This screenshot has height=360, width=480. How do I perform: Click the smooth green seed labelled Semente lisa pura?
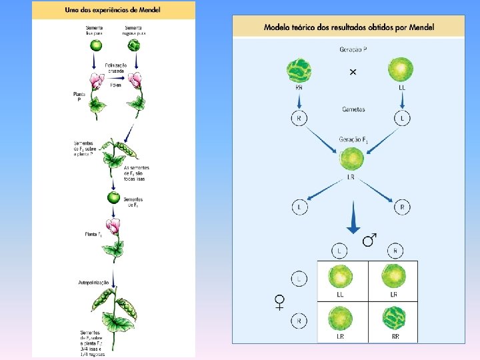pyautogui.click(x=96, y=46)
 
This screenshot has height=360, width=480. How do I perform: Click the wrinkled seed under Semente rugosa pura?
pyautogui.click(x=134, y=46)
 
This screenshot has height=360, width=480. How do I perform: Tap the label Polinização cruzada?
pyautogui.click(x=117, y=67)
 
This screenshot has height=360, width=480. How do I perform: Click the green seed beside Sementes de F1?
pyautogui.click(x=113, y=197)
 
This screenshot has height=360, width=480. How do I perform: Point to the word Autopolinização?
pyautogui.click(x=93, y=283)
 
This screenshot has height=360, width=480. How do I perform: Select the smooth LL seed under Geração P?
pyautogui.click(x=401, y=69)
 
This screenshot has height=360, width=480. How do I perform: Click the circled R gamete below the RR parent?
pyautogui.click(x=299, y=118)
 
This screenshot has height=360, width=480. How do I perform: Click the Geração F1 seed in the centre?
pyautogui.click(x=351, y=160)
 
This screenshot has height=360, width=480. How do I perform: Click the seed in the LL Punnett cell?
pyautogui.click(x=340, y=276)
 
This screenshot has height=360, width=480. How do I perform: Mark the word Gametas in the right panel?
pyautogui.click(x=353, y=109)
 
